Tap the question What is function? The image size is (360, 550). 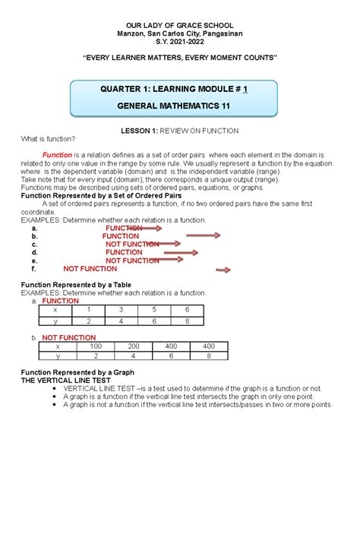[x=46, y=139]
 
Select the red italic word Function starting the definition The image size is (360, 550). [x=57, y=154]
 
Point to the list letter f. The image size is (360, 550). [x=33, y=268]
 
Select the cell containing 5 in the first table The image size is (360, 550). [x=153, y=310]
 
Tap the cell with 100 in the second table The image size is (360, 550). [x=96, y=346]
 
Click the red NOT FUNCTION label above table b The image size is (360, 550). [x=68, y=337]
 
